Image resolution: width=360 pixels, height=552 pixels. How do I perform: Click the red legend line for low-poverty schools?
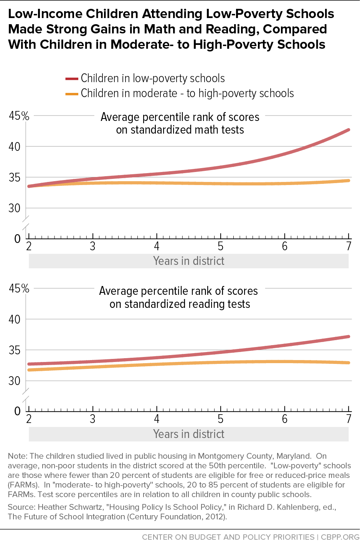tap(72, 79)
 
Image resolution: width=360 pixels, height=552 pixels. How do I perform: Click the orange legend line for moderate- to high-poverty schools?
tap(72, 94)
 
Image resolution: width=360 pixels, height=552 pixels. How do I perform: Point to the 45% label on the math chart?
tap(19, 116)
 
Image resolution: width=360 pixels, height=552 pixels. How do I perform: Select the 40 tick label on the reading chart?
tap(15, 319)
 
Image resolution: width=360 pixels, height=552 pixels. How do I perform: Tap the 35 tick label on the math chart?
tap(15, 178)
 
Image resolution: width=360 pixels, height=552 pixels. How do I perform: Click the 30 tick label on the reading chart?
tap(15, 381)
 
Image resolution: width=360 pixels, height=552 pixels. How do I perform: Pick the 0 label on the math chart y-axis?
tap(17, 239)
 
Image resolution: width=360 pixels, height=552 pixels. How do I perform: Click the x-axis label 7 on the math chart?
tap(348, 246)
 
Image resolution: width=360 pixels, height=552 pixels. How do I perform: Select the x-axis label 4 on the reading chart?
tap(157, 419)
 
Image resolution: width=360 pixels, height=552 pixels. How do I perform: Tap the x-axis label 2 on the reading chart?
tap(29, 419)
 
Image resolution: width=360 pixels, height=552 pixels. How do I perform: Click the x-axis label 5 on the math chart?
tap(221, 246)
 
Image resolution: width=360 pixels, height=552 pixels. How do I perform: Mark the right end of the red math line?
tap(348, 130)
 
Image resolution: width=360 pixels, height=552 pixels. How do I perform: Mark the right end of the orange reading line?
tap(348, 363)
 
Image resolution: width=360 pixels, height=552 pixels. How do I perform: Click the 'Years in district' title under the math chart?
tap(188, 261)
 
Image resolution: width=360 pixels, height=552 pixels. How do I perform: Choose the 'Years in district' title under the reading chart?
tap(188, 434)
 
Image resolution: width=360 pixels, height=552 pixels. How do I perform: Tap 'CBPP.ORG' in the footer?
tap(340, 537)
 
